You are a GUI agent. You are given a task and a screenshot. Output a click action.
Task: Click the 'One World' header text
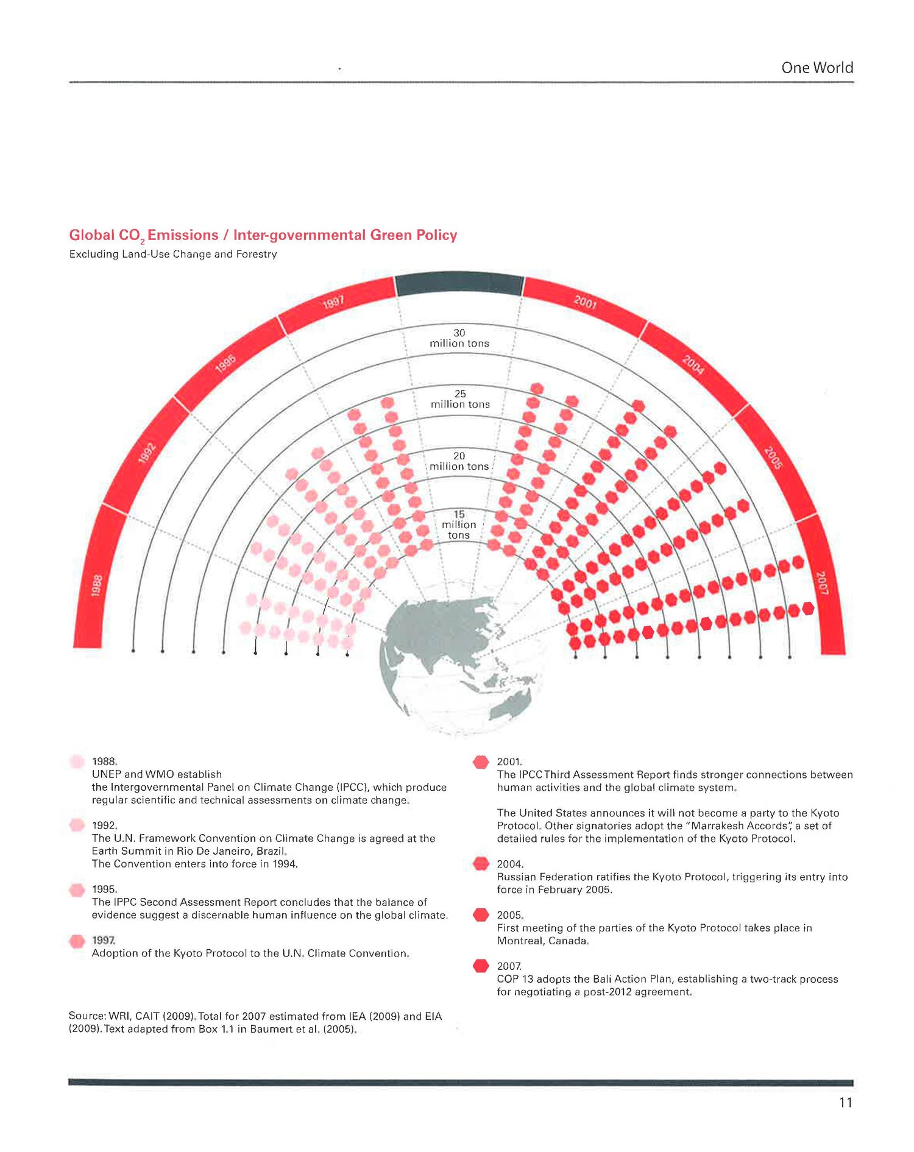pyautogui.click(x=817, y=68)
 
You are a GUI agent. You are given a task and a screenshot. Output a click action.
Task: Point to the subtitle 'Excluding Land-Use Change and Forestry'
pyautogui.click(x=173, y=254)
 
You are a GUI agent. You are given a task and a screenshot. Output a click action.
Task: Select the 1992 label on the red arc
pyautogui.click(x=147, y=454)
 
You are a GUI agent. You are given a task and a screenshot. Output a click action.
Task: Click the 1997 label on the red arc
pyautogui.click(x=334, y=301)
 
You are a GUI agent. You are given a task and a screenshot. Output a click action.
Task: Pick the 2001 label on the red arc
pyautogui.click(x=585, y=301)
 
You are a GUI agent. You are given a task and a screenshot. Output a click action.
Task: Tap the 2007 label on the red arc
pyautogui.click(x=822, y=583)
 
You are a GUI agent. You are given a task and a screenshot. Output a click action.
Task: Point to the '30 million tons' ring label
pyautogui.click(x=459, y=338)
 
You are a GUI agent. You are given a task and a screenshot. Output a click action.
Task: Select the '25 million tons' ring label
pyautogui.click(x=460, y=399)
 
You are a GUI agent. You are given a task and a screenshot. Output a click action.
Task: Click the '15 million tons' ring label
pyautogui.click(x=459, y=525)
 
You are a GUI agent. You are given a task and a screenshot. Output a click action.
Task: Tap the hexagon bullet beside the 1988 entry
pyautogui.click(x=77, y=762)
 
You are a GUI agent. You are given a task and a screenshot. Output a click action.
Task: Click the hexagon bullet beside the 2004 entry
pyautogui.click(x=481, y=864)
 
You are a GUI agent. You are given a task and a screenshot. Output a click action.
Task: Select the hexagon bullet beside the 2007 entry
pyautogui.click(x=481, y=966)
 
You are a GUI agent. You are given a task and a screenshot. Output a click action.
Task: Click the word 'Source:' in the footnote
pyautogui.click(x=87, y=1016)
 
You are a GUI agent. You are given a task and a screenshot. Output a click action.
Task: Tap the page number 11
pyautogui.click(x=845, y=1102)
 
